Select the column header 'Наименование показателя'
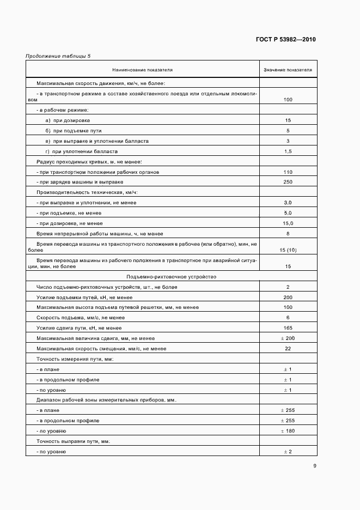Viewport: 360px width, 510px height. coord(143,70)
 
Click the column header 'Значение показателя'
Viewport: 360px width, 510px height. coord(288,70)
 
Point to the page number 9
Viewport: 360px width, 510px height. coord(315,465)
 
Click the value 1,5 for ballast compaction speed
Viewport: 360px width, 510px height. coord(288,151)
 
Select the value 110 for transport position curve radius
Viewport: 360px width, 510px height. coord(288,172)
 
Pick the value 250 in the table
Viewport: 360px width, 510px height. coord(288,182)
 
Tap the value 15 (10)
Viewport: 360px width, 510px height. coord(288,250)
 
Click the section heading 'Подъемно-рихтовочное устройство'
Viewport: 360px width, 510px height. coord(172,277)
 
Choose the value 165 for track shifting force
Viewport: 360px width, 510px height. coord(288,328)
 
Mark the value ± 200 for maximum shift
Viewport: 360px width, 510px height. coord(288,338)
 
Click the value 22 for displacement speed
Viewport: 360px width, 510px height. coord(288,349)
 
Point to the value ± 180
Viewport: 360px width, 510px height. coord(288,431)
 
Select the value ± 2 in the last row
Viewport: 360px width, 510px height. coord(288,452)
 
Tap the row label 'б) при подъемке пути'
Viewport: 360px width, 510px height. coord(74,131)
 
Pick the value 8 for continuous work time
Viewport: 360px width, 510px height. coord(288,233)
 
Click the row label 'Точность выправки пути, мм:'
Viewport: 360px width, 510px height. coord(74,441)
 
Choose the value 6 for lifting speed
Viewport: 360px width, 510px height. coord(288,318)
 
